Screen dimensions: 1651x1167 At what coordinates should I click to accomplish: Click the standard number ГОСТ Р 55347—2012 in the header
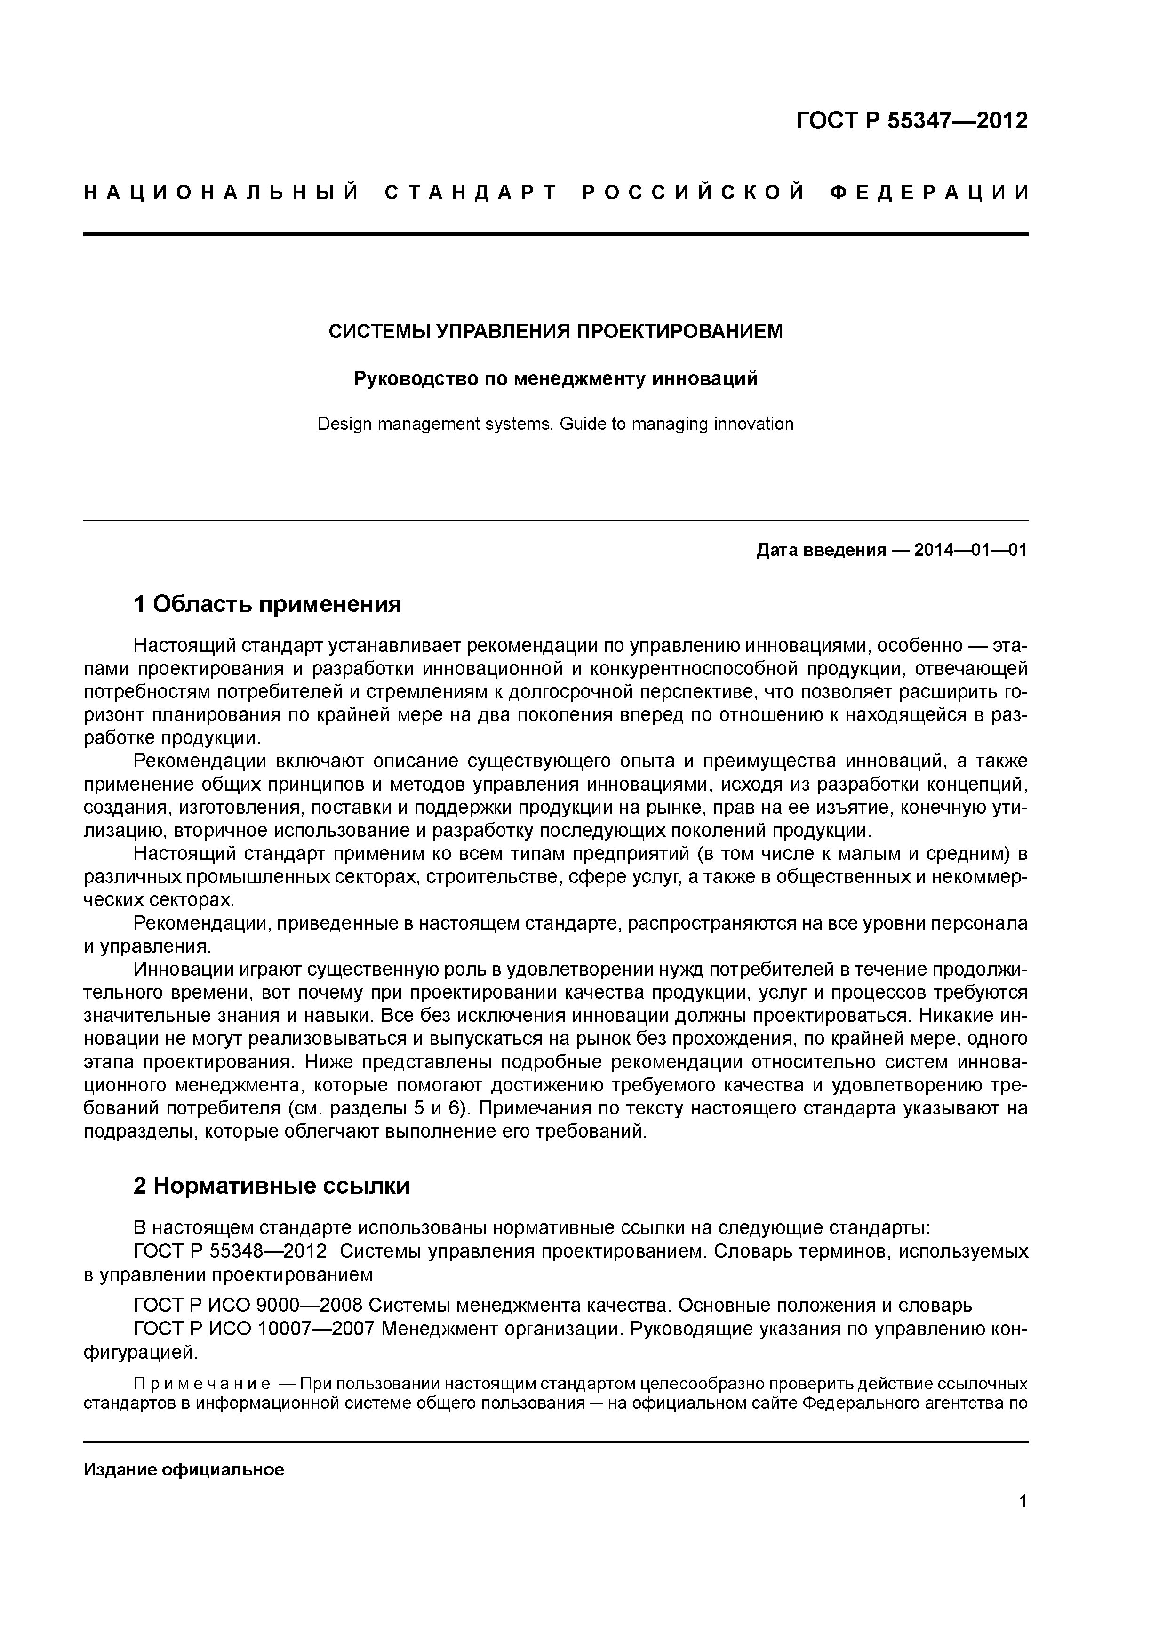912,121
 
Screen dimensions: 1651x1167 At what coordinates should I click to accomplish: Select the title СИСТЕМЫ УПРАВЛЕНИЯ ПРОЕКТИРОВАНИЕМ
555,331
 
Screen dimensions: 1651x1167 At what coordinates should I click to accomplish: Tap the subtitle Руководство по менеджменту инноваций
555,378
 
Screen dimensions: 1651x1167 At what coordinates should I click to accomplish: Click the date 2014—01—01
970,551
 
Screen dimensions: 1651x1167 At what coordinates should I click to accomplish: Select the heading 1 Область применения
267,604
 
